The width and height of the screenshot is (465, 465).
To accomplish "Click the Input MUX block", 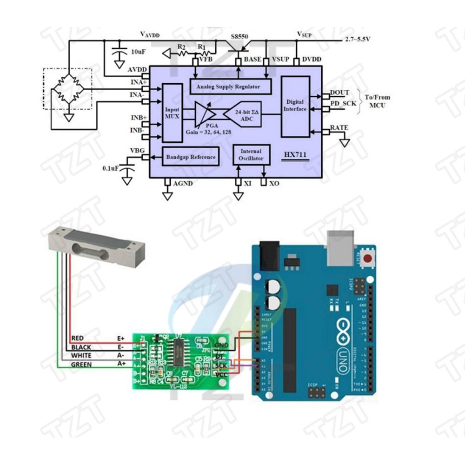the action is point(172,113).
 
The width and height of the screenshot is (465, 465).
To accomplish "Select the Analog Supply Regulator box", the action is point(231,86).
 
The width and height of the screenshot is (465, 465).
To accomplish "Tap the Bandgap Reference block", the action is point(191,157).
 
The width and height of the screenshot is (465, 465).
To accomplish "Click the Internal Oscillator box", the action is point(251,155).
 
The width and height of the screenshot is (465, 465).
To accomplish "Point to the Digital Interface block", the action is point(295,106).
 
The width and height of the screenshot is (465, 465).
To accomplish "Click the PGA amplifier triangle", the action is point(204,114).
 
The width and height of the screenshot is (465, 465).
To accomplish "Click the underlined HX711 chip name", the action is point(296,156).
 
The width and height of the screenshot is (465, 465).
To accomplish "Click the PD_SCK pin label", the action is point(343,103).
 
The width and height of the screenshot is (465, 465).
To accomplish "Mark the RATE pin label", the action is point(339,127).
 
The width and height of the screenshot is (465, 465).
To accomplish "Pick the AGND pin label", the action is point(183,184).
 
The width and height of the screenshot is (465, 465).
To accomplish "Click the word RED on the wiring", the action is point(78,338).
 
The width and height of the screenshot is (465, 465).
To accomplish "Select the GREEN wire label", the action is point(81,365).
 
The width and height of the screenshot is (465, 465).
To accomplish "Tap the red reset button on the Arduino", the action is point(369,259).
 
